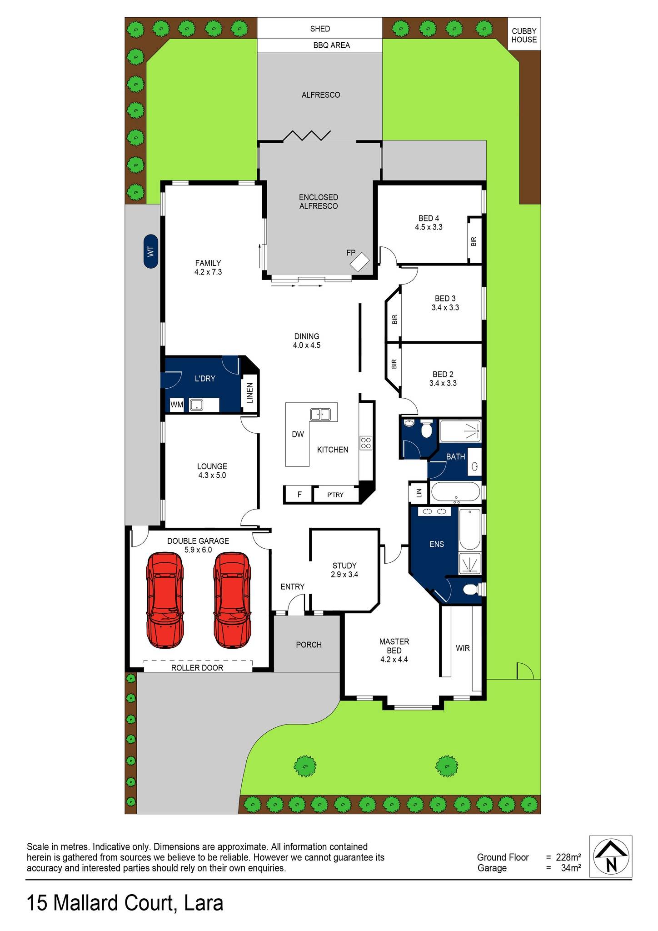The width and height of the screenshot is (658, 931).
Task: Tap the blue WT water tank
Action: tap(151, 251)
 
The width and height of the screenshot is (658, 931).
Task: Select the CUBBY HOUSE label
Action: tap(524, 35)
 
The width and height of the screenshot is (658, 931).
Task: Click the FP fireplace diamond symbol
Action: tap(360, 262)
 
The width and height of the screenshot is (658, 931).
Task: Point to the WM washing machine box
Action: tap(177, 405)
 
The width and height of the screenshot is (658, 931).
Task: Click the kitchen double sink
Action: tap(320, 414)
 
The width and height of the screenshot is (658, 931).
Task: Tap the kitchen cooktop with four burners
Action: tap(366, 443)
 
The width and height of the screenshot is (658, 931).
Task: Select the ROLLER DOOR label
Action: tap(197, 668)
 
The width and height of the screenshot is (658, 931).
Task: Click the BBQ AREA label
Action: tap(332, 45)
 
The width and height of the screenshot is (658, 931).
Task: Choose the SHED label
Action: tap(320, 29)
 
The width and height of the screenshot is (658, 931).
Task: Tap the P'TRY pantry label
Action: tap(335, 495)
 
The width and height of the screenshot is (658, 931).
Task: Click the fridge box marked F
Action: tap(299, 494)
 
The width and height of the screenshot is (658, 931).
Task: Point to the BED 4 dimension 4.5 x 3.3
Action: tap(429, 227)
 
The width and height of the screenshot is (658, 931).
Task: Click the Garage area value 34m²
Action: tap(569, 868)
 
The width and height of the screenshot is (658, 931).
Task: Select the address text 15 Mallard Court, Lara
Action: tap(125, 903)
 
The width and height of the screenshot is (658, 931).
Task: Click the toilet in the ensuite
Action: tap(470, 590)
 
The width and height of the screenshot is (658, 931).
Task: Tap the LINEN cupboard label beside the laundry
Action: tap(249, 393)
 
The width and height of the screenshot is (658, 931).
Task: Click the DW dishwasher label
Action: tap(298, 435)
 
